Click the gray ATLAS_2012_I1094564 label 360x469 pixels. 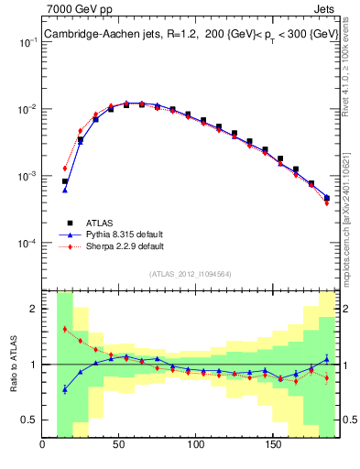pos(191,273)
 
